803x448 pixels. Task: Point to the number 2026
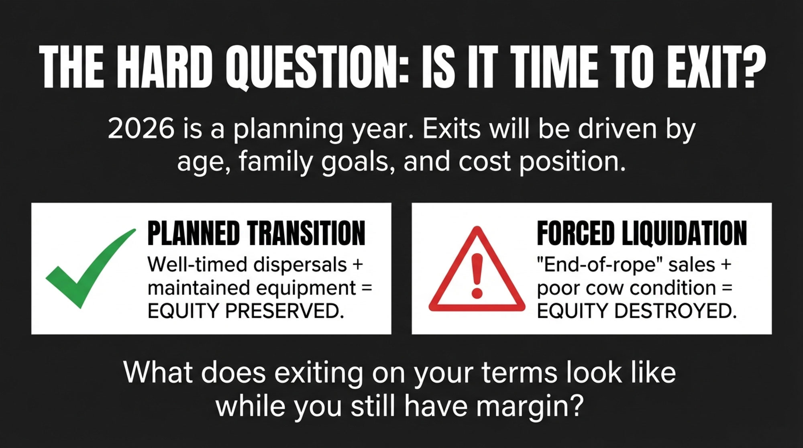141,129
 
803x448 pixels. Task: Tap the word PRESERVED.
285,311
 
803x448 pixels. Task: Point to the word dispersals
301,265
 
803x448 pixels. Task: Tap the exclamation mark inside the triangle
477,276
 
